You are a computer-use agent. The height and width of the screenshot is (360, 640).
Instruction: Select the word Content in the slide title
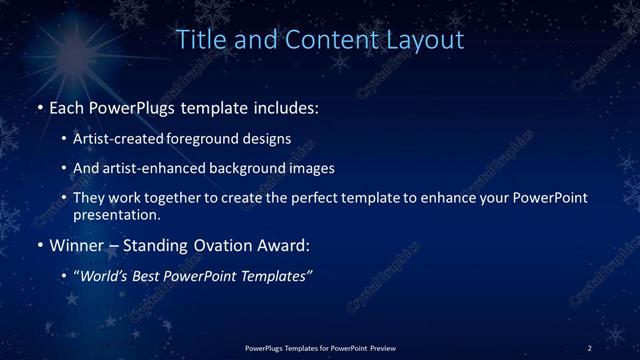coord(325,40)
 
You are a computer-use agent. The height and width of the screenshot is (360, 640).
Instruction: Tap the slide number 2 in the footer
coord(590,347)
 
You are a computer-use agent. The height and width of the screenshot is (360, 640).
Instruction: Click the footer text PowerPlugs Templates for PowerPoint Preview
coord(320,347)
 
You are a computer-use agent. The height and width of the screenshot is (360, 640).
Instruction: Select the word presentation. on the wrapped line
coord(116,214)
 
